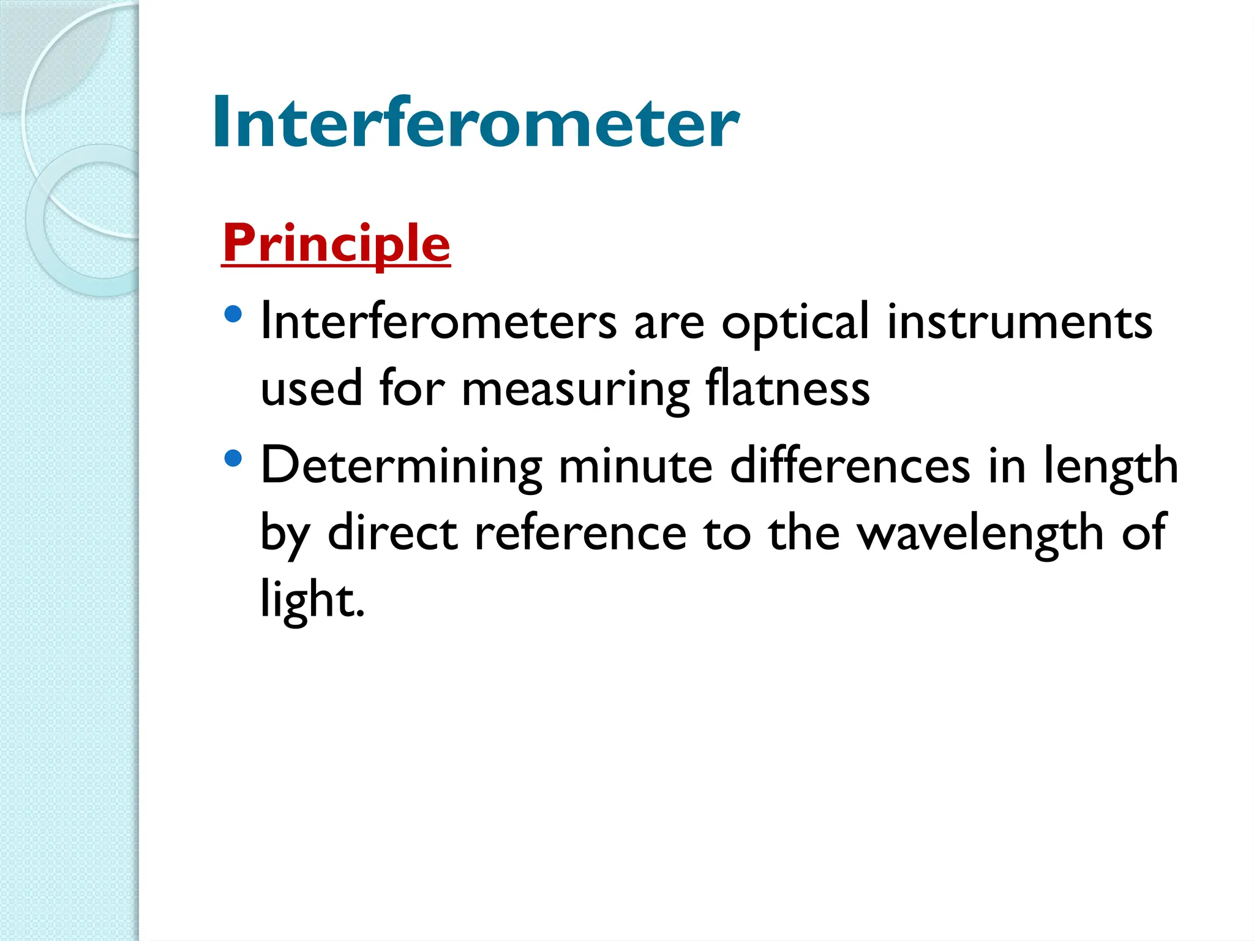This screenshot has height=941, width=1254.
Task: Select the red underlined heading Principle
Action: click(x=336, y=244)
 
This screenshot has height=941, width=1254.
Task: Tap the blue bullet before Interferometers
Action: click(x=233, y=315)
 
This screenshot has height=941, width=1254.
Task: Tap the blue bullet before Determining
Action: click(x=233, y=458)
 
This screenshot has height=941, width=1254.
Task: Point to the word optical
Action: click(x=794, y=323)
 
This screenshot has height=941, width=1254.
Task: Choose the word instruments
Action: click(x=1019, y=323)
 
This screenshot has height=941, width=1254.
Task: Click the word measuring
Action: click(x=576, y=391)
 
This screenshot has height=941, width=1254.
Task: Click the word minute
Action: click(x=636, y=466)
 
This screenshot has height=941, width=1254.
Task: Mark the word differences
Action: click(x=850, y=466)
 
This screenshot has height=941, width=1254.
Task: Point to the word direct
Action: click(x=392, y=532)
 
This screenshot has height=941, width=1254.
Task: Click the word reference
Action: click(x=580, y=533)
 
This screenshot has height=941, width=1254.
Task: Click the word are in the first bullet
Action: click(x=669, y=323)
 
